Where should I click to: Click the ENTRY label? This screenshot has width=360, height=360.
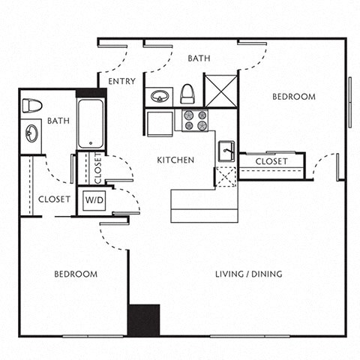coord(121,81)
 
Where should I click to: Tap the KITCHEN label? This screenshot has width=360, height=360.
coord(175,160)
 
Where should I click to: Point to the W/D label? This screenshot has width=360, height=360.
coord(94,200)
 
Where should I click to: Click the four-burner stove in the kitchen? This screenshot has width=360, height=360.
coord(196,121)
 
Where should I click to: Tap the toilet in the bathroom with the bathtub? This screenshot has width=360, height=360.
coord(31,105)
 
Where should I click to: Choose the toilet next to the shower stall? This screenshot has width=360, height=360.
coord(187,94)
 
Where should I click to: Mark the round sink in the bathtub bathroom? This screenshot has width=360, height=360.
coord(31,134)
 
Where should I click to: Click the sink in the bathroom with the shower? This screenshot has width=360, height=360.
coord(159,97)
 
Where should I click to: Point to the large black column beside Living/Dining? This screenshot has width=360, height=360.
coord(143,320)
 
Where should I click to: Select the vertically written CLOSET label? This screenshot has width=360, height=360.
coord(97,169)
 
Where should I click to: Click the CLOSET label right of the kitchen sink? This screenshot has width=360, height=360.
coord(271,162)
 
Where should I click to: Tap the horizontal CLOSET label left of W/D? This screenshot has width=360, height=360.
coord(54,199)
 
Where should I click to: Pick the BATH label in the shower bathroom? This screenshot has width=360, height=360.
coord(199,58)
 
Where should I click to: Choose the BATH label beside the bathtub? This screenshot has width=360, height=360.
coord(58,120)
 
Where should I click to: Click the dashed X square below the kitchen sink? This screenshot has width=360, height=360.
coord(226,177)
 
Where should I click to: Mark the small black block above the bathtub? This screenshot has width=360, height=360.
coord(91,94)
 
